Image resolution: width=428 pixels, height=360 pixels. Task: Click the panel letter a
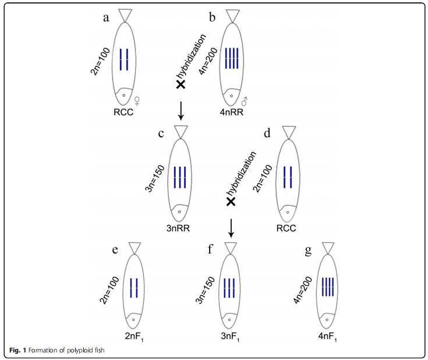pos(106,17)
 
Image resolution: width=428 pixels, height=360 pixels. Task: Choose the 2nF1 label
pos(134,337)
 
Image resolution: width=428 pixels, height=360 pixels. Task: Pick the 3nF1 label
pos(231,337)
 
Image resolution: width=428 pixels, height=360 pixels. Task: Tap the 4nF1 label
pos(329,337)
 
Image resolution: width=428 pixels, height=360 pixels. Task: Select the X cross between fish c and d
pos(231,202)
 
